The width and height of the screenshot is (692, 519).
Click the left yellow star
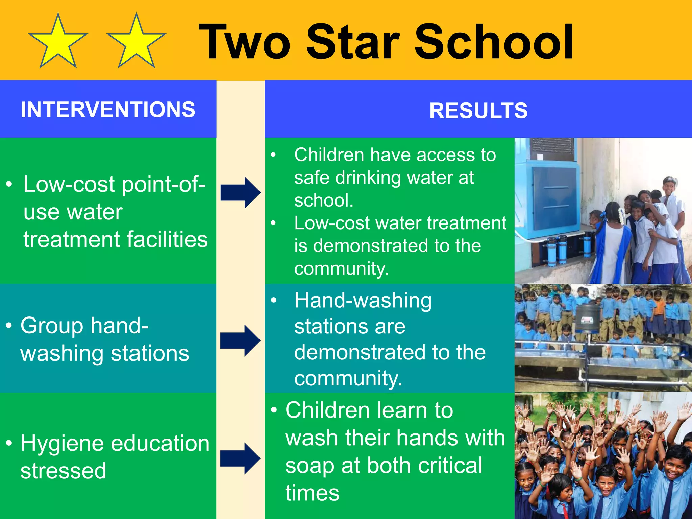point(58,42)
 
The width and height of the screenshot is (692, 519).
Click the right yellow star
point(136,42)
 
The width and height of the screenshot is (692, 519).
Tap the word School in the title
point(493,42)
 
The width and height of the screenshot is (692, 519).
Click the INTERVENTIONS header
point(108,110)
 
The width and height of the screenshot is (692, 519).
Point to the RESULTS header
point(478,111)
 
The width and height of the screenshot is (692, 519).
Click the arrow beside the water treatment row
point(240,192)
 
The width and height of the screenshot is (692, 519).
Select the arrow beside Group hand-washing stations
point(240,340)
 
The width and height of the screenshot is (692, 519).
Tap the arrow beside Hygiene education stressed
point(240,458)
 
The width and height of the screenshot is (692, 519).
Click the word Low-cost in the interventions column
point(69,185)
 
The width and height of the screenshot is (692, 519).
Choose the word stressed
point(63,471)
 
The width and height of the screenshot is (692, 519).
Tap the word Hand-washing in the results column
point(363,301)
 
